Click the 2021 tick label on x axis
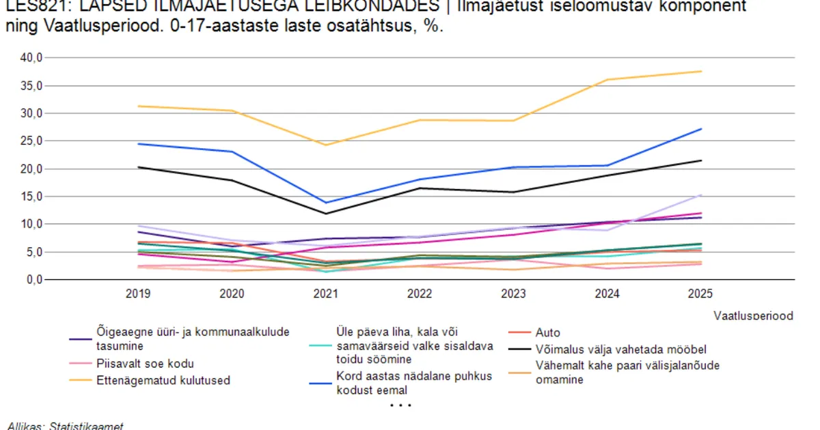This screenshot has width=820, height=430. click(x=326, y=294)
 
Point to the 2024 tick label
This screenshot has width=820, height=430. click(x=607, y=294)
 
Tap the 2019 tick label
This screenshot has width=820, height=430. click(x=139, y=294)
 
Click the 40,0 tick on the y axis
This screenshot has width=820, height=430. click(x=31, y=58)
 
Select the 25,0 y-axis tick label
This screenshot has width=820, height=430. click(x=31, y=141)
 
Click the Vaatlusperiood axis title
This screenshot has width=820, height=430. click(x=753, y=315)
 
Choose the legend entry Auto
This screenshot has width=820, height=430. click(x=548, y=333)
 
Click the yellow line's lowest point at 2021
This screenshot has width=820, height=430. click(x=326, y=145)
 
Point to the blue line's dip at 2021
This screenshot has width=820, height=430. click(x=326, y=203)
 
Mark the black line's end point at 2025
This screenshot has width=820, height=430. click(x=701, y=160)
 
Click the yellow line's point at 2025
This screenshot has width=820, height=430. click(x=701, y=71)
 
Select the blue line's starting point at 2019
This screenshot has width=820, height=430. click(x=139, y=144)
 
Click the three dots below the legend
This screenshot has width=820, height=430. click(x=400, y=405)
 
